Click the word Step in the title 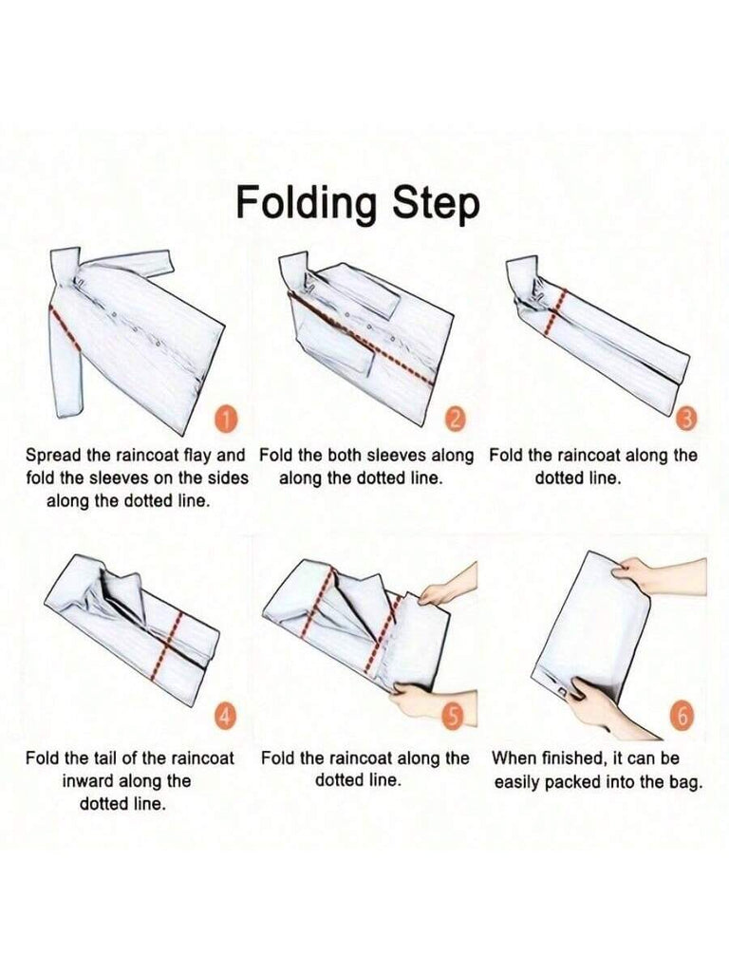point(438,203)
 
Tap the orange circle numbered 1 point(227,421)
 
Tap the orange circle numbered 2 point(456,421)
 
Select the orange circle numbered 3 point(686,421)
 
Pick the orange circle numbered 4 point(226,717)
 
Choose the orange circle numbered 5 point(454,717)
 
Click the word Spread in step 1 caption point(53,457)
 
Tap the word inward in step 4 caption point(87,781)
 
